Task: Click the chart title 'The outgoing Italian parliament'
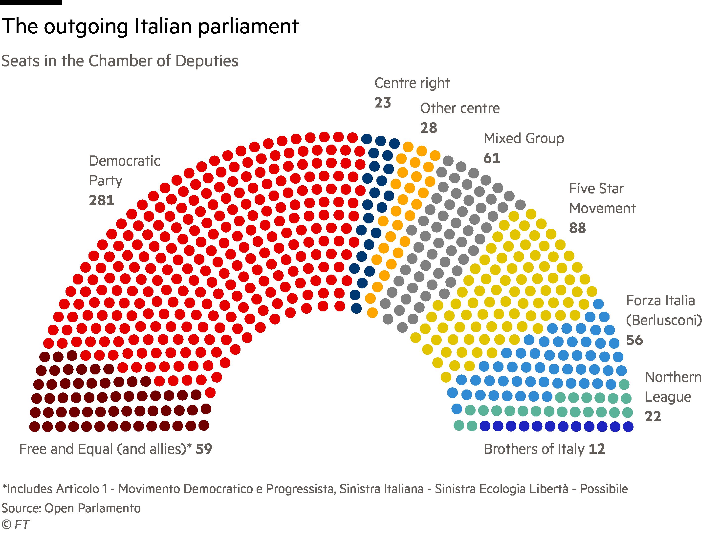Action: (150, 27)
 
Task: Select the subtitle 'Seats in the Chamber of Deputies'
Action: (120, 61)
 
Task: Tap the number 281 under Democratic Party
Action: (101, 200)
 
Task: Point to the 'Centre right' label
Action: (412, 83)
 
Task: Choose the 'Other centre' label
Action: (459, 108)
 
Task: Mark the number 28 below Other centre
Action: (428, 128)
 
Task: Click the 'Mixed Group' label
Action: (524, 138)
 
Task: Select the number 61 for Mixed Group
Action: (492, 158)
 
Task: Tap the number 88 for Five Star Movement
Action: (577, 228)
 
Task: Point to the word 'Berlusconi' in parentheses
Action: (664, 320)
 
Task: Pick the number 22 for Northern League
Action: (653, 416)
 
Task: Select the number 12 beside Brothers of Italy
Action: (597, 449)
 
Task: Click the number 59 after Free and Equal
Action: (204, 449)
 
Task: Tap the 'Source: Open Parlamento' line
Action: (71, 508)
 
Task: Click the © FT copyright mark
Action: (15, 524)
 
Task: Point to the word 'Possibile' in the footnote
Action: (604, 489)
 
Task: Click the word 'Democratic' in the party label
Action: (124, 161)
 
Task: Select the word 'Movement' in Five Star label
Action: (602, 208)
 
